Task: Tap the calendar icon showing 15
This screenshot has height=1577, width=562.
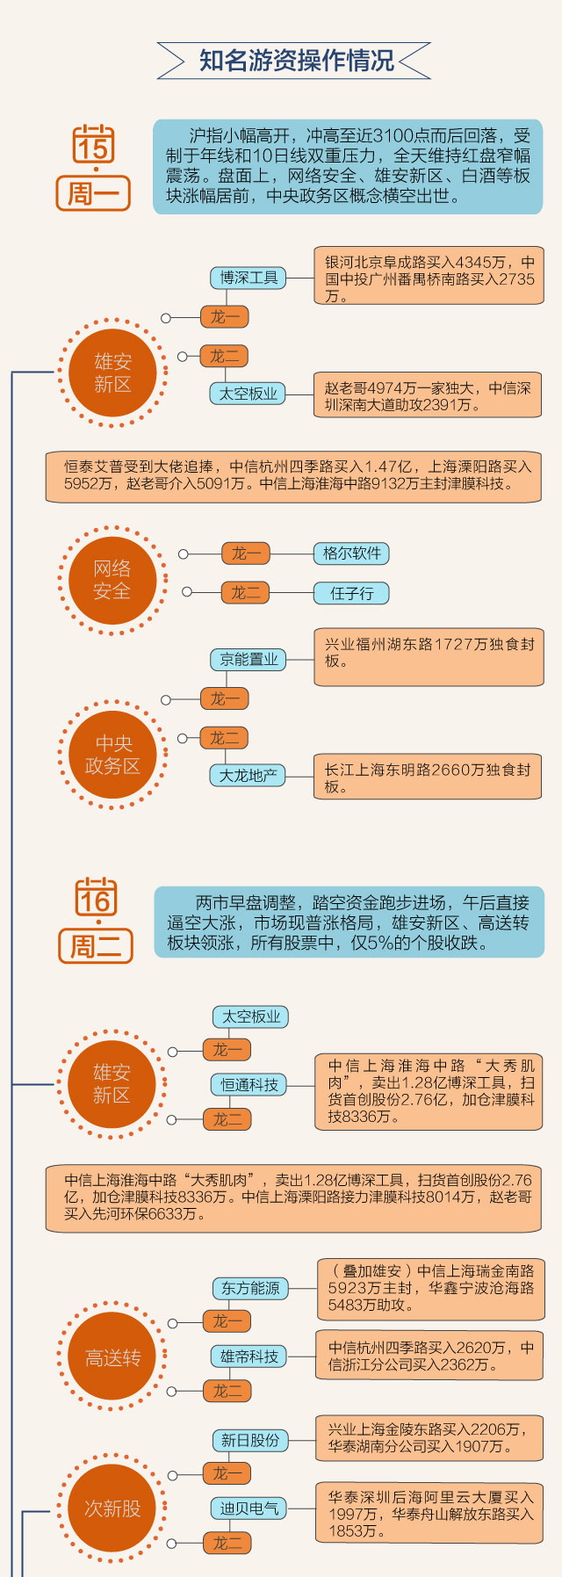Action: point(93,145)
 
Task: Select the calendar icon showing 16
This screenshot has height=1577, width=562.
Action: point(96,897)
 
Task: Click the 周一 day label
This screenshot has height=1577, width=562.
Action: point(93,193)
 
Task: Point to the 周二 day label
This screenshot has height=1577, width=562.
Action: point(96,946)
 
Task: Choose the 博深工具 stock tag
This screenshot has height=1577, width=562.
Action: point(249,278)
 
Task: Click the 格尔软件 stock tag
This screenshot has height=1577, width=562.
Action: point(351,553)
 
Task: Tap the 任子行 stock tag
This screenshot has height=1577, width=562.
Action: point(351,593)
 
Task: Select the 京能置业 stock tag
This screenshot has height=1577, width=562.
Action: point(249,659)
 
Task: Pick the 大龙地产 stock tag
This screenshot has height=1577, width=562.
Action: point(248,775)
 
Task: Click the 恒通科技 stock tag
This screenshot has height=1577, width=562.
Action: point(249,1085)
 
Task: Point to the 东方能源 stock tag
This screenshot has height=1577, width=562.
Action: point(250,1288)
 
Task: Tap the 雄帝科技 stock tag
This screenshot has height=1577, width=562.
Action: point(249,1356)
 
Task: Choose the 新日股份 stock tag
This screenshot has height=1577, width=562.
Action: point(250,1440)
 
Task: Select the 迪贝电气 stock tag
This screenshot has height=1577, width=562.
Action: point(249,1508)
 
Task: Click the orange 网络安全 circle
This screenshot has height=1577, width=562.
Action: point(112,580)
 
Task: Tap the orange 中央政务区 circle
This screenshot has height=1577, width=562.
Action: point(112,754)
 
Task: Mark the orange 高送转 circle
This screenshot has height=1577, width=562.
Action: point(112,1358)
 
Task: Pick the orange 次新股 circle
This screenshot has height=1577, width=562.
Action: point(112,1508)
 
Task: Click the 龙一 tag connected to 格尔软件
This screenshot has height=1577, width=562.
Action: point(246,553)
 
